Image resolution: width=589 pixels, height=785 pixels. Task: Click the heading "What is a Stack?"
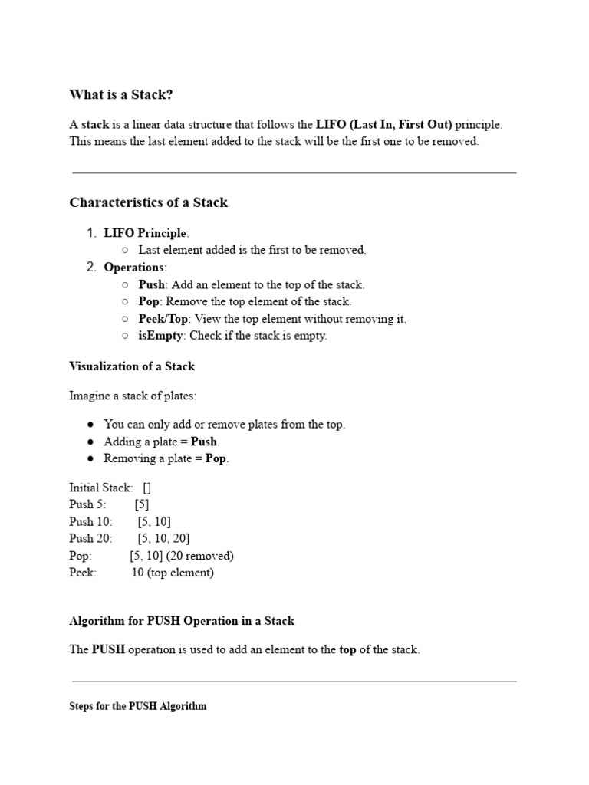coord(121,94)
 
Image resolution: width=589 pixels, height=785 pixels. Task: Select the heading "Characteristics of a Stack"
coord(148,202)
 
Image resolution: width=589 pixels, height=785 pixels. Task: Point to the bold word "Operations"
coord(133,268)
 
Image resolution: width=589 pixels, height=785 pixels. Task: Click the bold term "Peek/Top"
coord(163,319)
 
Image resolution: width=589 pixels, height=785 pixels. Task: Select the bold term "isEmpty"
coord(160,336)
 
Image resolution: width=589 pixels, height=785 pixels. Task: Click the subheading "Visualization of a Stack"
coord(132,366)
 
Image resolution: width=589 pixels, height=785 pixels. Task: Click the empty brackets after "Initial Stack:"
coord(146,488)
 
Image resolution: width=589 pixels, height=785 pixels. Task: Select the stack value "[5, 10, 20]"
coord(163,539)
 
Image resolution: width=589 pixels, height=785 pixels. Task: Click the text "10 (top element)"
coord(173,573)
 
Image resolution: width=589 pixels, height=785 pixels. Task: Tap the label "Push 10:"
coord(90,522)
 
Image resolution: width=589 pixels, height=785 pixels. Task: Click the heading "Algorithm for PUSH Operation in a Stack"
coord(182,621)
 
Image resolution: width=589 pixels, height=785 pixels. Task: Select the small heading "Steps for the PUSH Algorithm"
coord(137,706)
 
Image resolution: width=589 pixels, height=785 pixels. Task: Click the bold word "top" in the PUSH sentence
coord(347,650)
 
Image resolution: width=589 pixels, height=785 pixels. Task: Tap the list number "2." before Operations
coord(91,268)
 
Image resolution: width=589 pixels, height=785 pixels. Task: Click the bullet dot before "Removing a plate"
coord(90,459)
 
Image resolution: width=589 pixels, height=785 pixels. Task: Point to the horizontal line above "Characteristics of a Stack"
coord(294,173)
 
